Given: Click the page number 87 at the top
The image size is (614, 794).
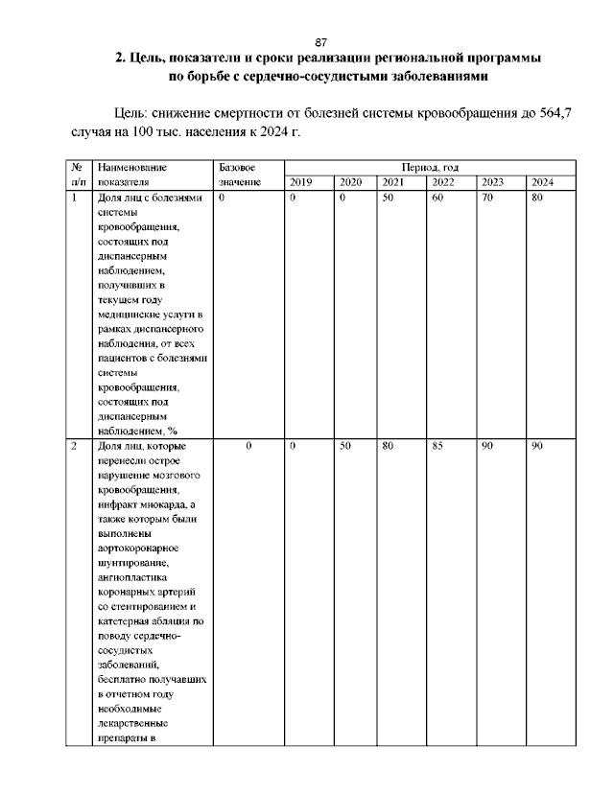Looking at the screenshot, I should click(321, 42).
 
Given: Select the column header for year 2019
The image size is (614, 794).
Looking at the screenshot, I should click(300, 182).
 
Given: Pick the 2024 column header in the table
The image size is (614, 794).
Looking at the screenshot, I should click(542, 182).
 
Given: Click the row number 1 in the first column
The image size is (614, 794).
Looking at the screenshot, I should click(75, 198).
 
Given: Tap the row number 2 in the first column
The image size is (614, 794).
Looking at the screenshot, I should click(75, 447).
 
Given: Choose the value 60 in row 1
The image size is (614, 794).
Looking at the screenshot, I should click(437, 198).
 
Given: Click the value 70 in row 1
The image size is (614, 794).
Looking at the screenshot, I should click(487, 198).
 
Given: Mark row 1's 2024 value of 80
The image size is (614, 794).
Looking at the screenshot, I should click(537, 198).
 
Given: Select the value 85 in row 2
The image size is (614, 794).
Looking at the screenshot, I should click(437, 447).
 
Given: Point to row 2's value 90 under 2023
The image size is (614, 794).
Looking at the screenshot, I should click(487, 447).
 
